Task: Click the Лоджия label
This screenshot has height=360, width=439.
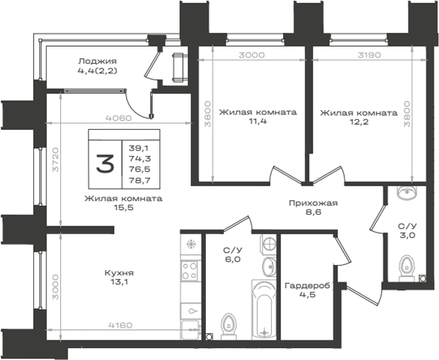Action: coord(98,61)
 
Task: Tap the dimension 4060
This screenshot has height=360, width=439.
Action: coord(119,118)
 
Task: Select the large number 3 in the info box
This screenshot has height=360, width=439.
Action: coord(105,163)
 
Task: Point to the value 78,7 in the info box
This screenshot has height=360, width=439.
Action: coord(140,180)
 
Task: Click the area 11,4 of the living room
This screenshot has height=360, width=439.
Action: coord(258,121)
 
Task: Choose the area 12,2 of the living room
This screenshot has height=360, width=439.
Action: coord(359,122)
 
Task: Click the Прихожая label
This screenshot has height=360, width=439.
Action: coord(313,203)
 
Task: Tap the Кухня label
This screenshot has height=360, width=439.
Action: coord(119,273)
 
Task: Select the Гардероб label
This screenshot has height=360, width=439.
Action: coord(307,286)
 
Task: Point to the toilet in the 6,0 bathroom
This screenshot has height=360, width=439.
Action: coord(229,327)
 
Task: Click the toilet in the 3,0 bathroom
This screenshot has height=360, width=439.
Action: coord(407,268)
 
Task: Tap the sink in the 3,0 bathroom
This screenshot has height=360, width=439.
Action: coord(407,193)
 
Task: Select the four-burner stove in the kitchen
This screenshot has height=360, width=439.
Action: coord(189,271)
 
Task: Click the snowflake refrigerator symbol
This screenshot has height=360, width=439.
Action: coord(191,245)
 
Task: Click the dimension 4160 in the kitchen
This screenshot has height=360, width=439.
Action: coord(121,325)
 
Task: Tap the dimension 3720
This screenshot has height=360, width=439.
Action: coord(56,159)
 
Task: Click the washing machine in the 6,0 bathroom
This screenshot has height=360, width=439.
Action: coord(268,245)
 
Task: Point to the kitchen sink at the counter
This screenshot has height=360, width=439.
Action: coord(191,329)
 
